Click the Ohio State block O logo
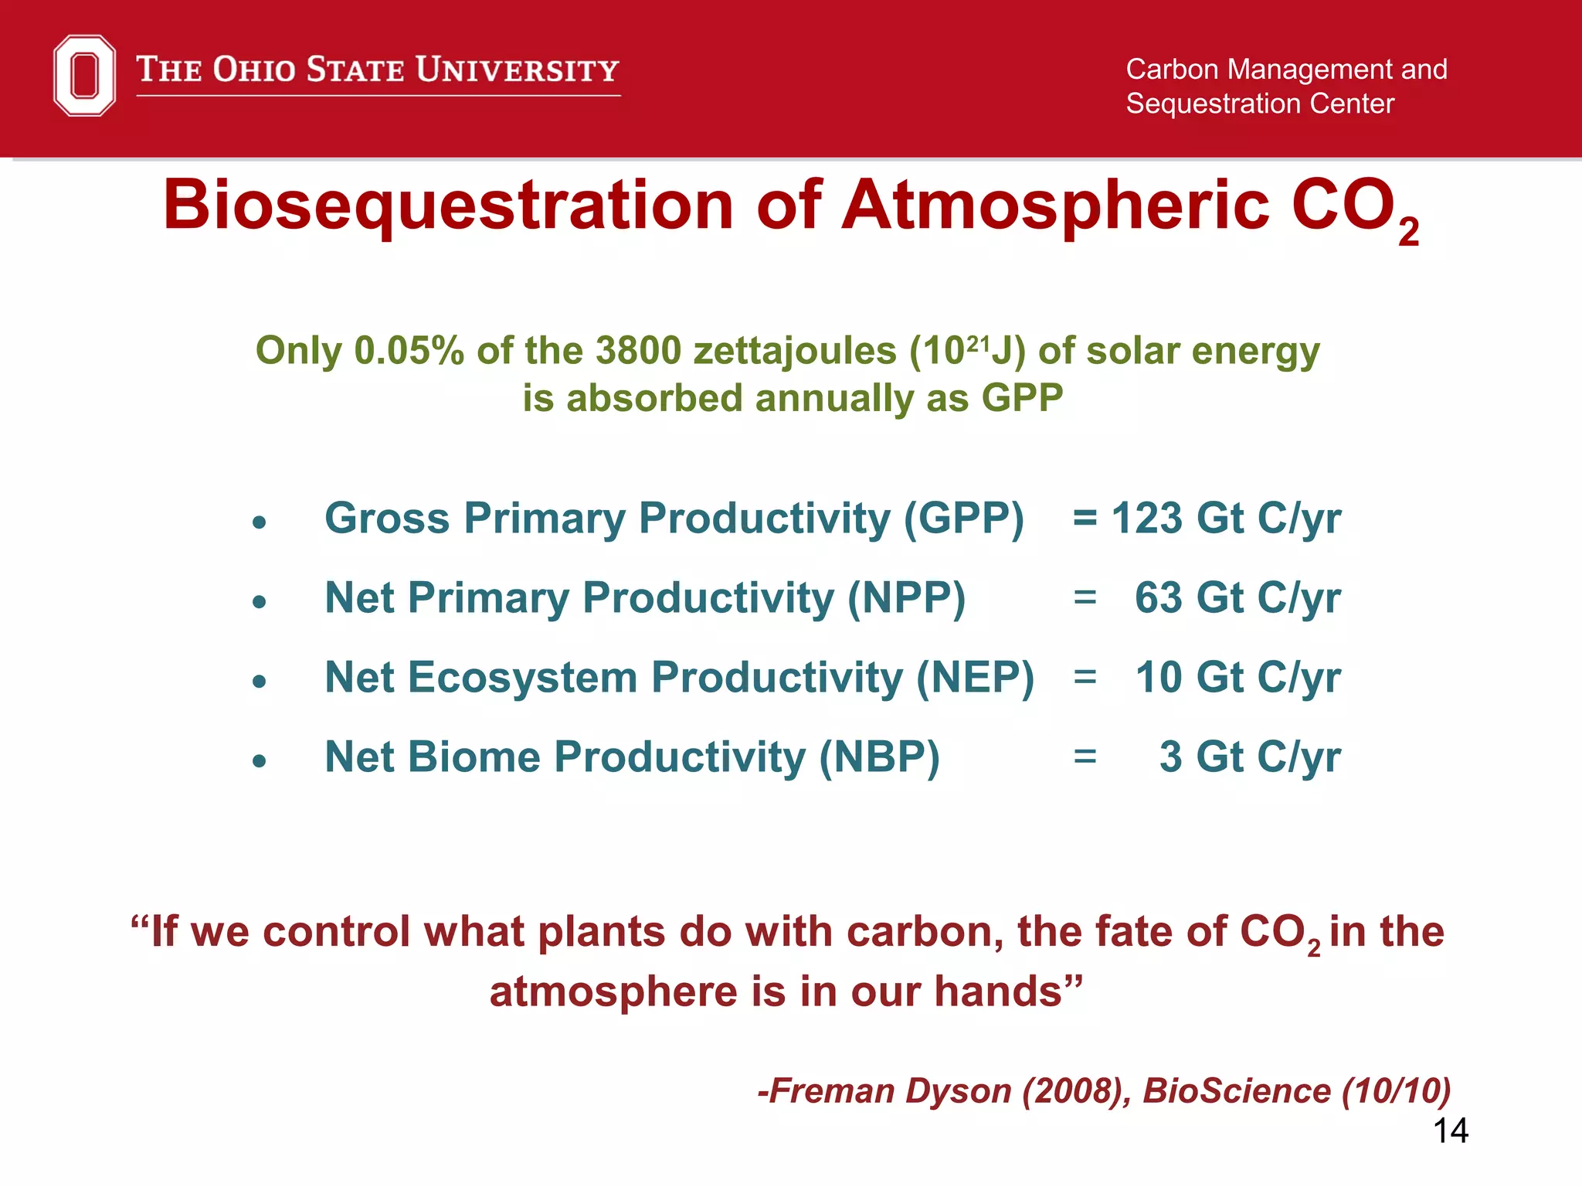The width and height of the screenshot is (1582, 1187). (x=84, y=75)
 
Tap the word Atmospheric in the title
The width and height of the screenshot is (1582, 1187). (x=1055, y=206)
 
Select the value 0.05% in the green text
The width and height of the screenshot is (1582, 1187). (x=409, y=351)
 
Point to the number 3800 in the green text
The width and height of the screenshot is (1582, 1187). (x=638, y=351)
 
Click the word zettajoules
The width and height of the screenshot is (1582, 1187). (x=794, y=352)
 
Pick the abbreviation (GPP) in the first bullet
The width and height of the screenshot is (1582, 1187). (x=964, y=518)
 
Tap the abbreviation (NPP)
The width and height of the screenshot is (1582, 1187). (x=906, y=598)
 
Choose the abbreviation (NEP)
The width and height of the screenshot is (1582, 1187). (x=975, y=678)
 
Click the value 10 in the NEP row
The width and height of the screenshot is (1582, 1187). (x=1159, y=678)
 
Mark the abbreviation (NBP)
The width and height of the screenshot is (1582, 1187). (x=879, y=757)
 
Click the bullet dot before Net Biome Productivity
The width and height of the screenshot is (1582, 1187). (x=260, y=760)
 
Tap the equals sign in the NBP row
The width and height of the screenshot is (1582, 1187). (x=1085, y=757)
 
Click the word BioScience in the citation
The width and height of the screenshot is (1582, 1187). (x=1237, y=1090)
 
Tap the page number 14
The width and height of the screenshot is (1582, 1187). (x=1451, y=1131)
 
